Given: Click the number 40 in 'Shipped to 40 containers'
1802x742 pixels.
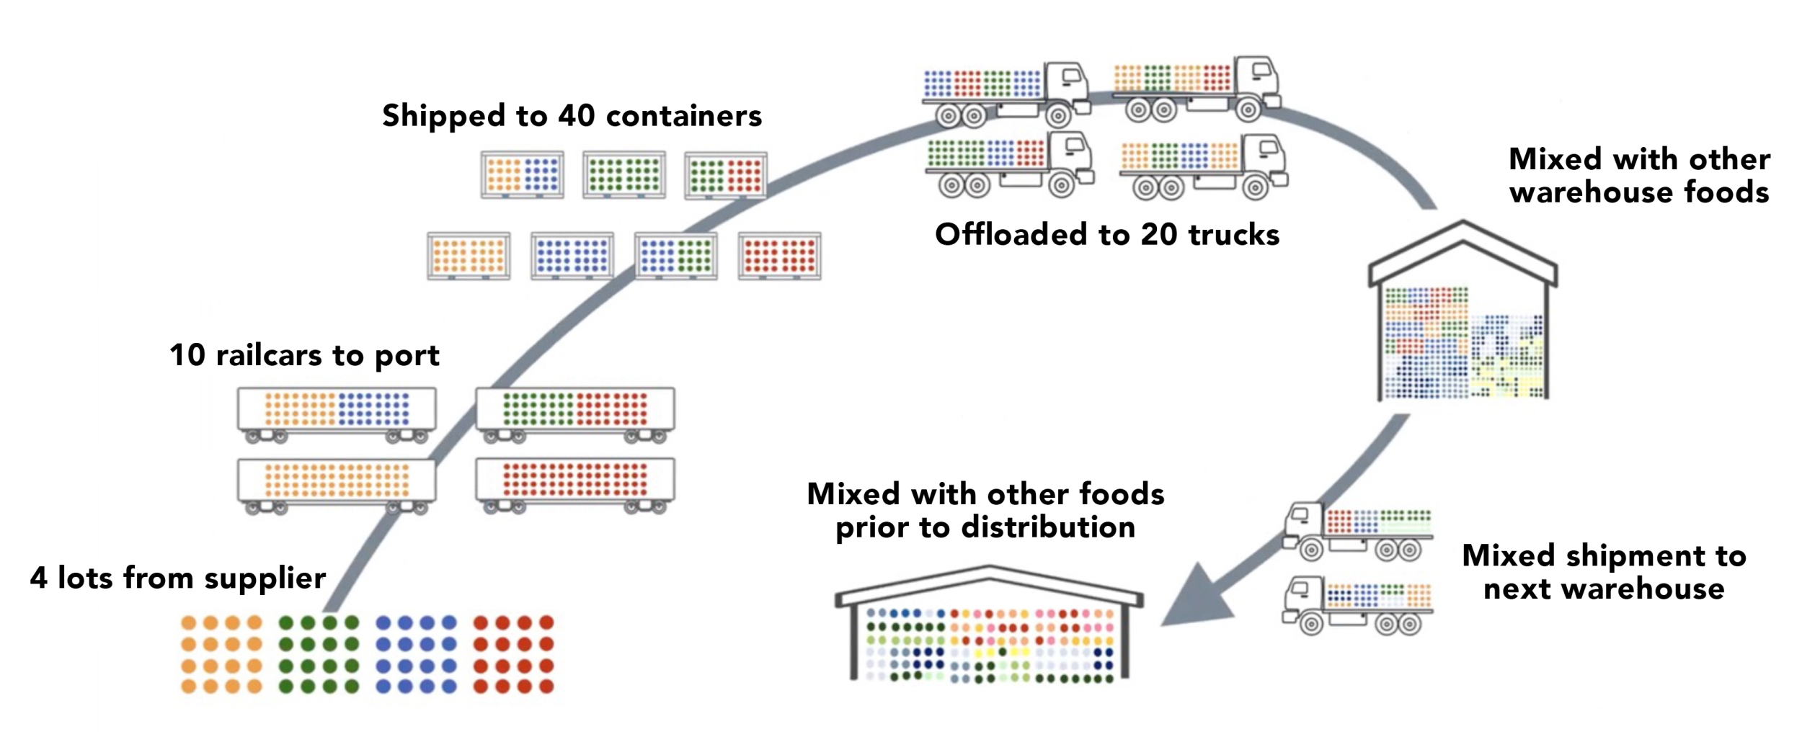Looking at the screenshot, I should click(x=576, y=116).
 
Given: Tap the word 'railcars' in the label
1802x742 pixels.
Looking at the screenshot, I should click(x=269, y=355).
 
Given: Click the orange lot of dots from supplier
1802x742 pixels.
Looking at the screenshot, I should click(x=221, y=654).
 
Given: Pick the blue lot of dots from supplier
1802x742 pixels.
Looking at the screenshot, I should click(x=416, y=654).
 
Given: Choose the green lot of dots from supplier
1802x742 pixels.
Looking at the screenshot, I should click(x=319, y=654).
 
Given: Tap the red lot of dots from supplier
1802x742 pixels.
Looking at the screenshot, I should click(x=513, y=654).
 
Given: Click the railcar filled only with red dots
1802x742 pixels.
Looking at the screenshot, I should click(x=574, y=480).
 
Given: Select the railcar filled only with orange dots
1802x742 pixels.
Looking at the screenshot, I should click(x=337, y=480).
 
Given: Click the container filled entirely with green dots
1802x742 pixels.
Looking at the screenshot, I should click(x=623, y=174).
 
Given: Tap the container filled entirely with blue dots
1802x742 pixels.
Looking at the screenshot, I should click(x=572, y=256).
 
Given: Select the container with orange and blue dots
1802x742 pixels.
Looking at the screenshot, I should click(x=523, y=174).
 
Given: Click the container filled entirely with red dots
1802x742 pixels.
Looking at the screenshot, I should click(x=779, y=256).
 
